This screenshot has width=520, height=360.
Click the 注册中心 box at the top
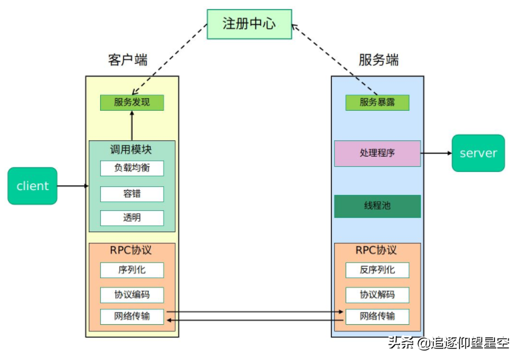tap(249, 24)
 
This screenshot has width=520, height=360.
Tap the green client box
tap(32, 186)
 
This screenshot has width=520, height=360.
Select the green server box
tap(478, 153)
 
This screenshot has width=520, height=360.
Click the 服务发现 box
tap(132, 102)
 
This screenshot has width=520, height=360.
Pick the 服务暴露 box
tap(377, 102)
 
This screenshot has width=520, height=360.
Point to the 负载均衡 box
tap(132, 168)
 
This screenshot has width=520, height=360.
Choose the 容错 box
tap(132, 194)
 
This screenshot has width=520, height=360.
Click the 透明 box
tap(132, 218)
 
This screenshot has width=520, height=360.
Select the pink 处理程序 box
tap(377, 153)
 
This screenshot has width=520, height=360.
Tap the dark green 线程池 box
tap(377, 206)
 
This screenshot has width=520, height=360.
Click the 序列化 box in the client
tap(132, 270)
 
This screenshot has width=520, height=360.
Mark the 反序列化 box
tap(377, 270)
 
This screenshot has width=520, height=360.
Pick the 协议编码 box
tap(132, 295)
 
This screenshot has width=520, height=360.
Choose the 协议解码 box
tap(377, 295)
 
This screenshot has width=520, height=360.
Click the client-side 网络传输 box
tap(132, 316)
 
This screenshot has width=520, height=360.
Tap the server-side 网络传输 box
tap(377, 316)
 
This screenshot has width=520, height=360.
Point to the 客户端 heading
tap(128, 60)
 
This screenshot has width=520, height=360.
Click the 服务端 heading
tap(378, 60)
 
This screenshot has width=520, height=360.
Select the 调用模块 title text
tap(131, 150)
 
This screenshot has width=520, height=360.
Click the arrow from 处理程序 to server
tap(436, 153)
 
